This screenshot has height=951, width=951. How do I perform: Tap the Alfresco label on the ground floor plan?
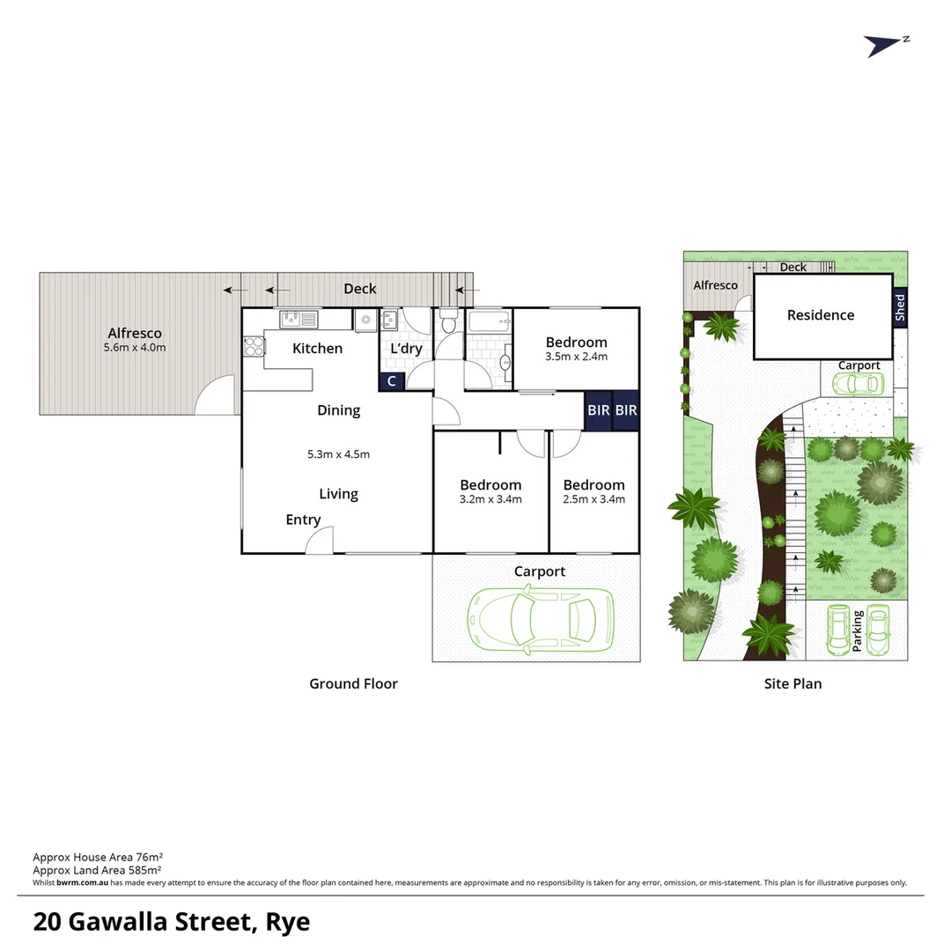135,333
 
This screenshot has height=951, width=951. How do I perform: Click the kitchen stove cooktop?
253,346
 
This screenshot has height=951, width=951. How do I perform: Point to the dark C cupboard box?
391,381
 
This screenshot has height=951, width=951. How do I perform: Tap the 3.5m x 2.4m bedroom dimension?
576,358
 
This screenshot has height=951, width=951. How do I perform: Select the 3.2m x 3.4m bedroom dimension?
490,499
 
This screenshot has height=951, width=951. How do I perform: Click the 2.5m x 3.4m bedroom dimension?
593,499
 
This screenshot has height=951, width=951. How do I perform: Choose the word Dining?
338,410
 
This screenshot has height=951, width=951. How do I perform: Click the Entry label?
303,520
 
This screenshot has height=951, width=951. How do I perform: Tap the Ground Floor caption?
353,683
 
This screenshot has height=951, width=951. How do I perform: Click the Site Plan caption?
792,683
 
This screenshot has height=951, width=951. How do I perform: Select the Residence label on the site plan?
820,315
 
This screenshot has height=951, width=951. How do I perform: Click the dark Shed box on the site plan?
899,308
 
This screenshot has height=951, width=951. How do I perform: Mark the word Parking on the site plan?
858,630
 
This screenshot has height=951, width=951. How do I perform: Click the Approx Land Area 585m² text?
96,869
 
